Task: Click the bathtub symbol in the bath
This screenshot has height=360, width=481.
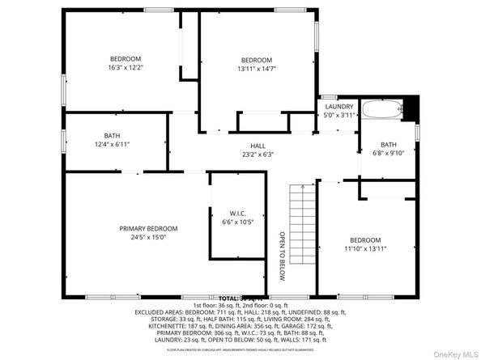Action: coord(383,108)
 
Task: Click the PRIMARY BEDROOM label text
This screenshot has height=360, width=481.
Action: coord(143,229)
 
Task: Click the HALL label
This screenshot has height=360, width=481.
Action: coord(258,146)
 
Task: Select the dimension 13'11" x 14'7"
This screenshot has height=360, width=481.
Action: coord(257,70)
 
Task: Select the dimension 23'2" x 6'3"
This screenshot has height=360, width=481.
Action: coord(258,155)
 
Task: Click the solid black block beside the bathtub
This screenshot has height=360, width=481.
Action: coord(411,106)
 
